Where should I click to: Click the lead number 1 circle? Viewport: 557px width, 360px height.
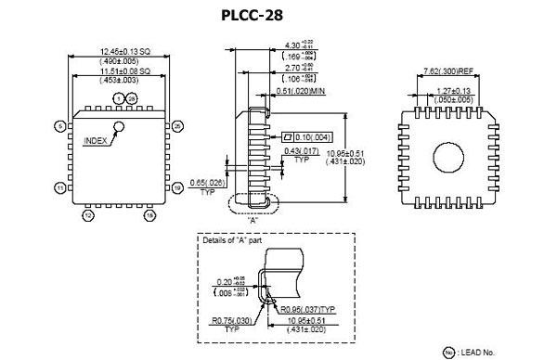coord(117,98)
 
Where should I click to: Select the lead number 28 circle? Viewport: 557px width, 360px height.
coord(131,98)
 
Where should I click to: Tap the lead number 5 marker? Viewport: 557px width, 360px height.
coord(60,125)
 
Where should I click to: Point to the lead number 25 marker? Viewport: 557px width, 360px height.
coord(177,125)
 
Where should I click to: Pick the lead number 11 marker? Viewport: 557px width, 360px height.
coord(60,187)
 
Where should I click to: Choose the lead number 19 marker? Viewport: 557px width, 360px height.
coord(177,187)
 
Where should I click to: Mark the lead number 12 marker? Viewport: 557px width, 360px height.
coord(88,215)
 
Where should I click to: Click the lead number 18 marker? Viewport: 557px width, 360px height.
coord(149,215)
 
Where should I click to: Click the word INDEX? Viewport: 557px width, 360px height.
coord(96,141)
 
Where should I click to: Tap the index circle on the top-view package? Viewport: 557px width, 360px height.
coord(118,126)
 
